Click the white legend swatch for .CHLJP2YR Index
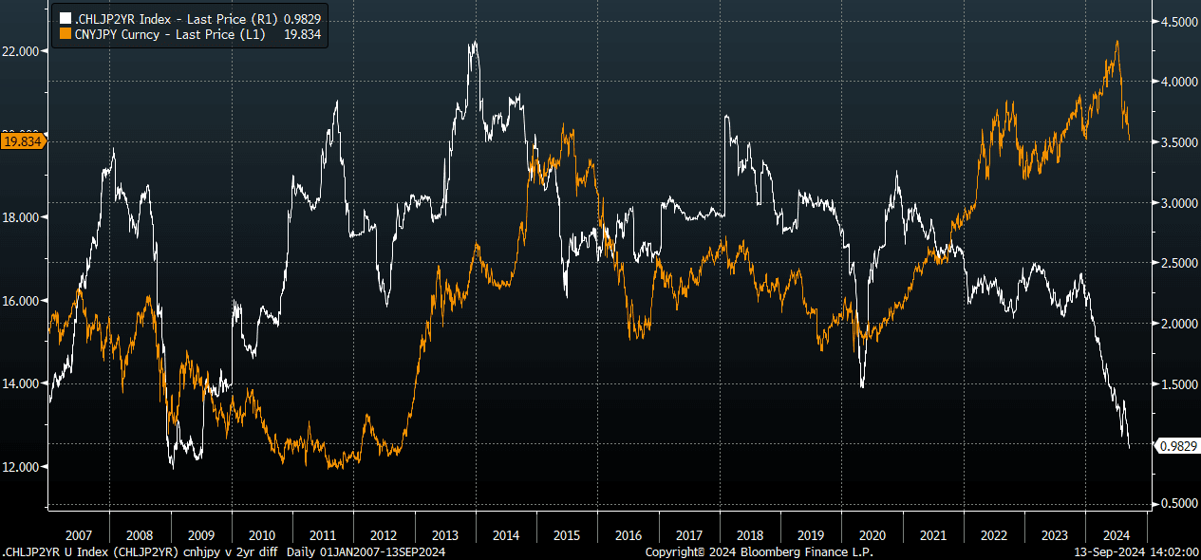click(65, 18)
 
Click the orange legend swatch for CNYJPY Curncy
click(65, 33)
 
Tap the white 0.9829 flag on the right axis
click(1177, 445)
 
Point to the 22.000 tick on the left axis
click(22, 51)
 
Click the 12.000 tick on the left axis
click(22, 467)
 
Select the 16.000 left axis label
click(22, 301)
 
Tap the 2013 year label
click(445, 534)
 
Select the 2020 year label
click(873, 534)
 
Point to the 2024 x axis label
click(1117, 534)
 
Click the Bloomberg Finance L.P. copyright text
click(759, 551)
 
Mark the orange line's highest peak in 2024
click(1117, 41)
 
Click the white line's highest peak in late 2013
click(473, 43)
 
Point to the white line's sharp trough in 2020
click(862, 386)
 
